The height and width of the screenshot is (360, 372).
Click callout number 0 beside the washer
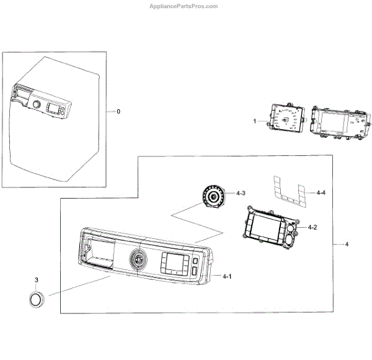point(118,111)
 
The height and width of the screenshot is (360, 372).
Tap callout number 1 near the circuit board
point(254,119)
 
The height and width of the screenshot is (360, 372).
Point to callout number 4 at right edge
point(347,245)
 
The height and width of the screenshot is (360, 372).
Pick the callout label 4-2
point(313,228)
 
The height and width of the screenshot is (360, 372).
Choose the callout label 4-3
point(241,194)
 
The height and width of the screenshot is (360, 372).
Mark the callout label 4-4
point(321,193)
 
